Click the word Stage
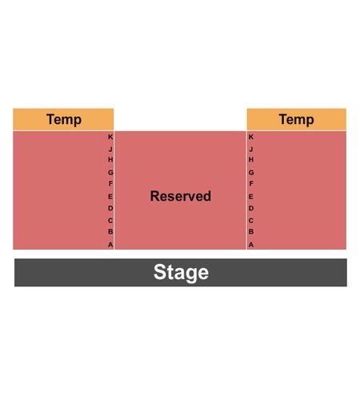click(181, 272)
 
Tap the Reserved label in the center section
click(181, 196)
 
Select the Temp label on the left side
click(64, 119)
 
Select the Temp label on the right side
click(296, 119)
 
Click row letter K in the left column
click(110, 137)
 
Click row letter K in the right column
click(251, 137)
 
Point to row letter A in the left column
click(110, 245)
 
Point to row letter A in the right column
click(251, 245)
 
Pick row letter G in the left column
click(110, 173)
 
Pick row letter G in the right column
click(251, 173)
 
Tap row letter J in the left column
click(110, 150)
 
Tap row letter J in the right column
click(251, 150)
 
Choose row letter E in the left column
click(110, 197)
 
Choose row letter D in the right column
click(251, 208)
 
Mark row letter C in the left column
click(110, 221)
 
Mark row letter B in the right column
click(251, 231)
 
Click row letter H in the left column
click(110, 160)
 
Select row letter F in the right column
click(251, 183)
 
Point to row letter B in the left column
click(110, 231)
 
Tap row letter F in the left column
click(110, 183)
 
